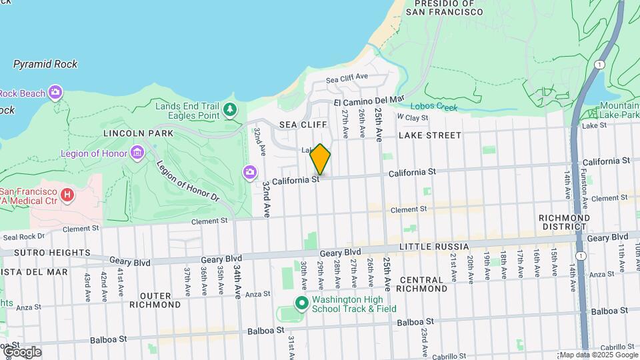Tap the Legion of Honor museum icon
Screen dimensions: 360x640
point(138,154)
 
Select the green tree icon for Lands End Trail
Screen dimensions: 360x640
point(231,109)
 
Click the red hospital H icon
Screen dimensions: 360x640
point(67,195)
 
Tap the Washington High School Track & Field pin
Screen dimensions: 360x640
point(301,303)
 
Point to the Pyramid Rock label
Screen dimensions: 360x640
point(45,65)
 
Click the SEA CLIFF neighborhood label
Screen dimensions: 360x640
point(303,125)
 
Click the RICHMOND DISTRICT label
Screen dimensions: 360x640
point(564,223)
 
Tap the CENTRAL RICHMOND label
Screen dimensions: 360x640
point(421,284)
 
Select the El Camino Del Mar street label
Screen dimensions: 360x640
point(369,101)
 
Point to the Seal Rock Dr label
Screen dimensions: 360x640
point(23,236)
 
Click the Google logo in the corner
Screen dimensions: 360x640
point(21,351)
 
